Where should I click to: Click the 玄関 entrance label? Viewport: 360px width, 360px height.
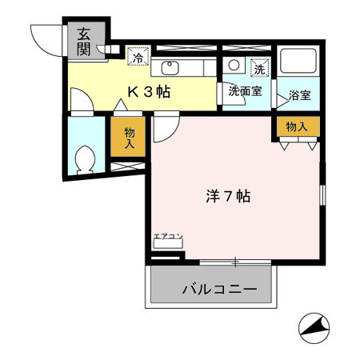pyautogui.click(x=83, y=41)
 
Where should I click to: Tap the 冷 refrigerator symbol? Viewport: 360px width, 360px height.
pyautogui.click(x=138, y=57)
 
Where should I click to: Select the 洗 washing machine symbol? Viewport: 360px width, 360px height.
pyautogui.click(x=258, y=67)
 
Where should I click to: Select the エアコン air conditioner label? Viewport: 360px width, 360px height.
pyautogui.click(x=168, y=237)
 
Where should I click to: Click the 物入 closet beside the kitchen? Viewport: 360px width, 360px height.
pyautogui.click(x=128, y=140)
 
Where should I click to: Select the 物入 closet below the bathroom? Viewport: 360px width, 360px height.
pyautogui.click(x=297, y=126)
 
